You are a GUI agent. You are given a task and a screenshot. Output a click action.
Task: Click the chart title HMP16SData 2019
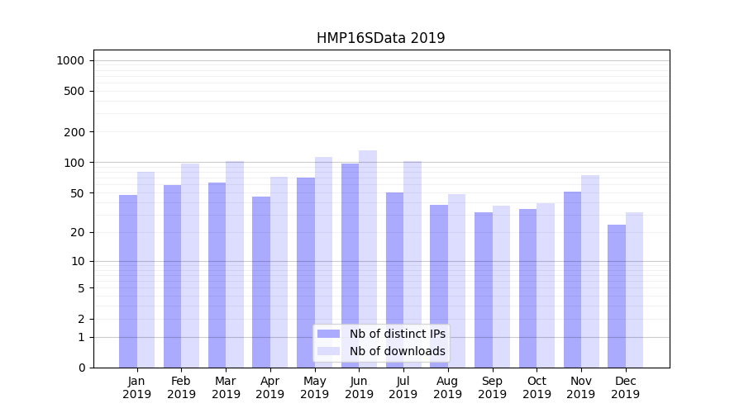(380, 38)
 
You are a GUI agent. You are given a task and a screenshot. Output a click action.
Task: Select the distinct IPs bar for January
(128, 281)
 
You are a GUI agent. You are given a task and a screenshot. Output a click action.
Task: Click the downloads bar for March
(235, 264)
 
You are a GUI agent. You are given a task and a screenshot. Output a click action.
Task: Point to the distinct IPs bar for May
(306, 273)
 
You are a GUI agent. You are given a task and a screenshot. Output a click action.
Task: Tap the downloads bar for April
(279, 272)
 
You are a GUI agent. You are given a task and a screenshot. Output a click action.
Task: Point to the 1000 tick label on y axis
(70, 60)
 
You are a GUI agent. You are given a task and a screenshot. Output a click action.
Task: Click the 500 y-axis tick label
(74, 91)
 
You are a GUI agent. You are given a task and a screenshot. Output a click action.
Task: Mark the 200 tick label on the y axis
(74, 131)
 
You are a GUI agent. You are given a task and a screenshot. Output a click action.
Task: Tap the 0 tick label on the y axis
(81, 368)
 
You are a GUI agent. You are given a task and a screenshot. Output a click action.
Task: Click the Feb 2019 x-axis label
(181, 387)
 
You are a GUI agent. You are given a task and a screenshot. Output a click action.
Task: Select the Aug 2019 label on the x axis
(447, 387)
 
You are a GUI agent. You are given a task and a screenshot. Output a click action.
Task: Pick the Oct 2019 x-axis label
(537, 387)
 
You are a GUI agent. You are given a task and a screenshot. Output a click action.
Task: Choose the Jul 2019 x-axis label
(403, 387)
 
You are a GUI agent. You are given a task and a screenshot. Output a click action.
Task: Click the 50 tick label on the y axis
(78, 192)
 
